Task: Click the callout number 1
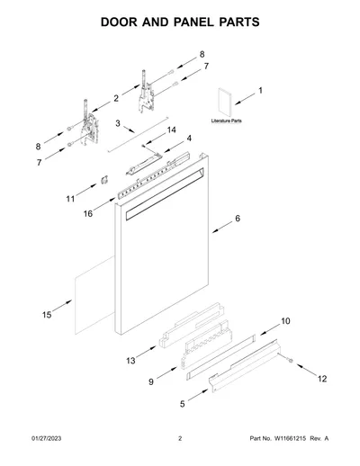(x=260, y=90)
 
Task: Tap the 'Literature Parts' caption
(x=227, y=121)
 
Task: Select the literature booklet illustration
(x=224, y=103)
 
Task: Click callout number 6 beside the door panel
(x=238, y=219)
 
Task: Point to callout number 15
(x=47, y=315)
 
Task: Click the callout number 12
(x=322, y=379)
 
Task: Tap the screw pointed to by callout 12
(x=290, y=361)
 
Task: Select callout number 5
(x=183, y=404)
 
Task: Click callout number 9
(x=151, y=381)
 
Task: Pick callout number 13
(x=130, y=361)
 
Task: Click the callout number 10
(x=285, y=321)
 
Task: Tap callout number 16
(x=88, y=213)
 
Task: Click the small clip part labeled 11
(x=104, y=180)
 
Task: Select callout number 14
(x=171, y=130)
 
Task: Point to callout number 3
(x=118, y=123)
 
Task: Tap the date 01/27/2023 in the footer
(x=47, y=438)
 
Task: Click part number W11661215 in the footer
(x=290, y=438)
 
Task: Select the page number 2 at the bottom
(x=180, y=438)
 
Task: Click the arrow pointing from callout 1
(x=245, y=99)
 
